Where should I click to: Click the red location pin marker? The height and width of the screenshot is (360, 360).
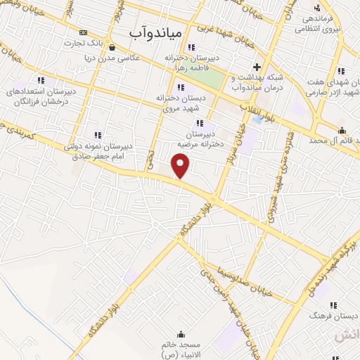point(181,167)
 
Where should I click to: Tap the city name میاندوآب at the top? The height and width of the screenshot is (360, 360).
point(156,32)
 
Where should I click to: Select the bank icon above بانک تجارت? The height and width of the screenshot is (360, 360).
point(84,32)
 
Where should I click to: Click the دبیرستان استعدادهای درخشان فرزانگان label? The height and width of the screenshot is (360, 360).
point(39,96)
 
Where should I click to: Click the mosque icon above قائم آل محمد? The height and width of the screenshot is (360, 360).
point(342,129)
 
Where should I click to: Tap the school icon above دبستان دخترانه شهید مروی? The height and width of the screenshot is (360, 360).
point(181,88)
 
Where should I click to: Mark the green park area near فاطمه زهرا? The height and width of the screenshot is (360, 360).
point(222,80)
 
